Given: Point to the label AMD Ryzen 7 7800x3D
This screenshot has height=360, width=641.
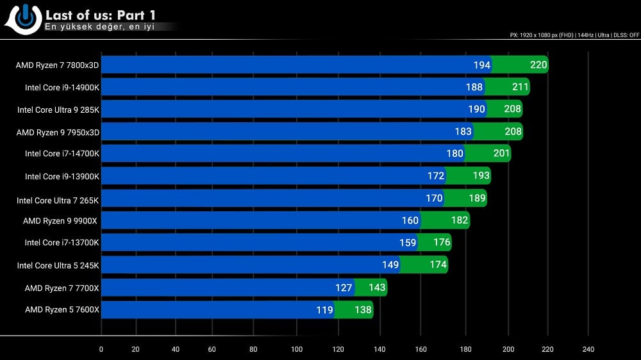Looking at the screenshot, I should pos(58,65).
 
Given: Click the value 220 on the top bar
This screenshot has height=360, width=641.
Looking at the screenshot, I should pos(539,65).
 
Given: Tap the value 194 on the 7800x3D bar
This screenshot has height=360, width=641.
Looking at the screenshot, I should pos(482,65).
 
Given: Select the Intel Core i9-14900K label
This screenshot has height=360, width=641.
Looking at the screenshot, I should pos(62,87).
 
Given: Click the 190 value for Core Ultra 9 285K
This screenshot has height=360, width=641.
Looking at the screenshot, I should pos(477,109).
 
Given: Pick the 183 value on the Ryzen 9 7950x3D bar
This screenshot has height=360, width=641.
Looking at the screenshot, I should pos(463,131).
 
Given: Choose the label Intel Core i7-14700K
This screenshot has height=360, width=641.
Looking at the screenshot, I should pos(62,154).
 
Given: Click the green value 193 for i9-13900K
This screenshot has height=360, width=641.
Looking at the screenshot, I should pos(481,176).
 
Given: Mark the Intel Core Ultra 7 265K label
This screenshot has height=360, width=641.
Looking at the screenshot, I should pos(58,200).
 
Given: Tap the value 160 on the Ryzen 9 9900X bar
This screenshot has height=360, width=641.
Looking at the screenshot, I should pos(410,220).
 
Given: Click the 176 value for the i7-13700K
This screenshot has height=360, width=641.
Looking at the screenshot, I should pos(442,243).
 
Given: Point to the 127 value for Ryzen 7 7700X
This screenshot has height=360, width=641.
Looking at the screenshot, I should pos(344,288).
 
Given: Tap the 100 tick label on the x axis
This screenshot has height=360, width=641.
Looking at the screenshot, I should pos(297,349).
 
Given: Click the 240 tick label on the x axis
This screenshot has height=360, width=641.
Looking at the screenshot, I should pos(588,349).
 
